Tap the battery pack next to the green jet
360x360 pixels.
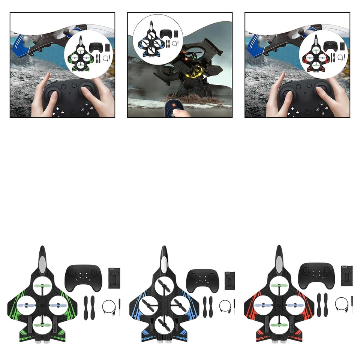[x=114, y=278]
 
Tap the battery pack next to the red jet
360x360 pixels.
[x=346, y=277]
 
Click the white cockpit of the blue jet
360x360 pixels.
[x=163, y=265]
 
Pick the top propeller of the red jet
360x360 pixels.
[x=278, y=287]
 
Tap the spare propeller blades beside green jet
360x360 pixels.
[x=88, y=307]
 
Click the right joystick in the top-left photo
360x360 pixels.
[x=89, y=89]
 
